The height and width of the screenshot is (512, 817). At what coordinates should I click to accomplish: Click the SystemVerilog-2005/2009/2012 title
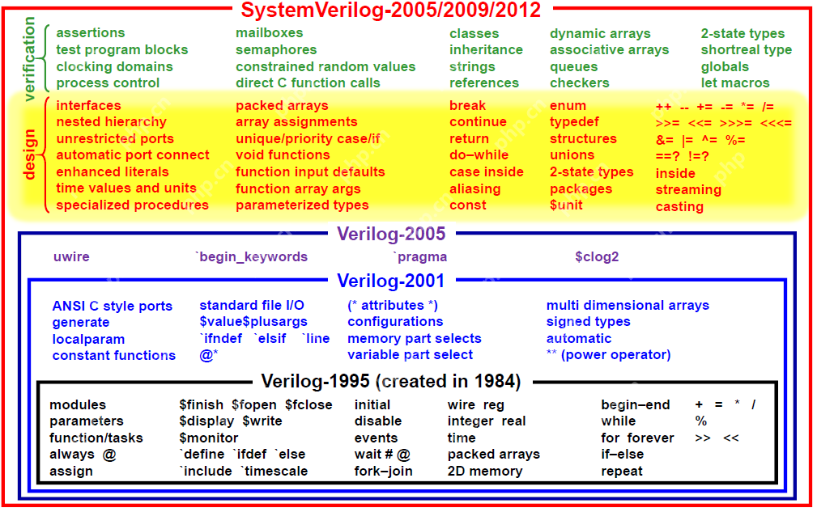(x=391, y=11)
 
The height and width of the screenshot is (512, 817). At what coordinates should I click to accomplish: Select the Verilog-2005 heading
(x=391, y=235)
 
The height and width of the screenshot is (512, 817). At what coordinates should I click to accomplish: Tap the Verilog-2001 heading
(x=391, y=281)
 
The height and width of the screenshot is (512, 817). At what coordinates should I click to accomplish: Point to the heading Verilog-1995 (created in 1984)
(x=391, y=381)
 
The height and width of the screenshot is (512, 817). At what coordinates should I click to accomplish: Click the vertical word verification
(x=31, y=58)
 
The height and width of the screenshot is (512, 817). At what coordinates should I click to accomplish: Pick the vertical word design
(x=31, y=154)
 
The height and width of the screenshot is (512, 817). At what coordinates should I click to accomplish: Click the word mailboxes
(x=270, y=33)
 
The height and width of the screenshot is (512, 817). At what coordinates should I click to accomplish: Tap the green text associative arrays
(x=609, y=50)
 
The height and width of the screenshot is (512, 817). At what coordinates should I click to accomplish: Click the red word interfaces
(x=89, y=105)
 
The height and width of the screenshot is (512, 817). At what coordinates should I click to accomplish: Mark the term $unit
(x=566, y=205)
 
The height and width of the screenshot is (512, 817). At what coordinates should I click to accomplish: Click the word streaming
(x=688, y=189)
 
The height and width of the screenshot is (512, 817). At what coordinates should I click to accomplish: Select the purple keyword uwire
(x=71, y=256)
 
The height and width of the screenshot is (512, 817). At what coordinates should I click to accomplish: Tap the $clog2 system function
(x=597, y=256)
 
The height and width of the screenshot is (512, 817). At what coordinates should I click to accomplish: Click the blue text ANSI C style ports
(x=113, y=306)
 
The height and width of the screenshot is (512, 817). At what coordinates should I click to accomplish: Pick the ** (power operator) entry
(x=608, y=354)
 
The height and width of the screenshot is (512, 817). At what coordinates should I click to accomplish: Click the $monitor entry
(x=209, y=438)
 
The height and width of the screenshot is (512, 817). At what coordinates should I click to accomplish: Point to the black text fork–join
(x=383, y=471)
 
